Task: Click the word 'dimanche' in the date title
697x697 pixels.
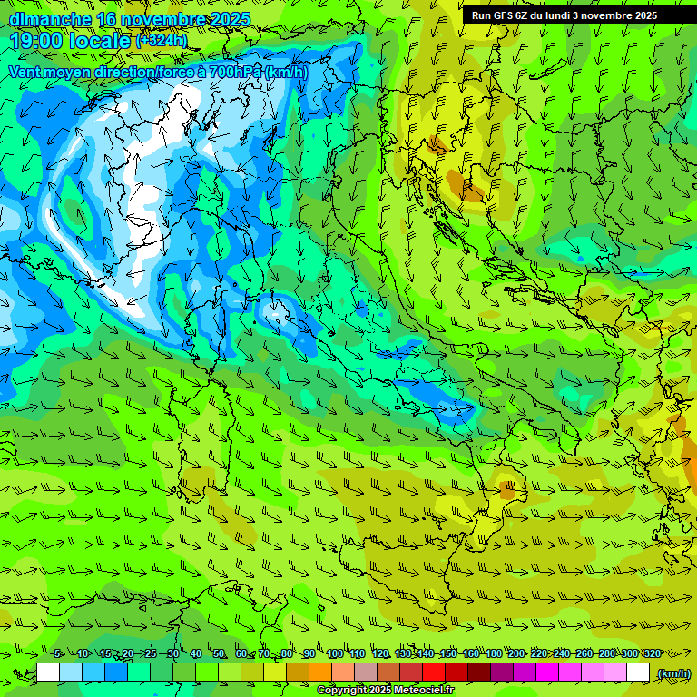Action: (50, 19)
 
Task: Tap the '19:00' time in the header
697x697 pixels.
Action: (34, 40)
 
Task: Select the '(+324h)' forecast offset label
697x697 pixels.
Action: (162, 40)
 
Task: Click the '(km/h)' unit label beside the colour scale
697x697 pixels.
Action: (672, 672)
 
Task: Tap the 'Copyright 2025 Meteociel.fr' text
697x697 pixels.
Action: (385, 691)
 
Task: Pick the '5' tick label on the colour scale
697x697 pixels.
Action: (58, 653)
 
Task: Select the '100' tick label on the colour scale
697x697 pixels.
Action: (334, 653)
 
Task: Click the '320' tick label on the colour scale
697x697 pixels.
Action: (652, 653)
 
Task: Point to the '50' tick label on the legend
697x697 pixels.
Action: (218, 653)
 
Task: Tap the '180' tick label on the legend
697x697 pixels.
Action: (493, 653)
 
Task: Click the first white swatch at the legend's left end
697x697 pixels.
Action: (48, 672)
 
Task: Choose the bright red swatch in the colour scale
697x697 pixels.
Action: (434, 672)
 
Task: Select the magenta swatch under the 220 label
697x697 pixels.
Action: (547, 672)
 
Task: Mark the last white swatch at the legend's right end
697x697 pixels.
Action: (638, 672)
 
